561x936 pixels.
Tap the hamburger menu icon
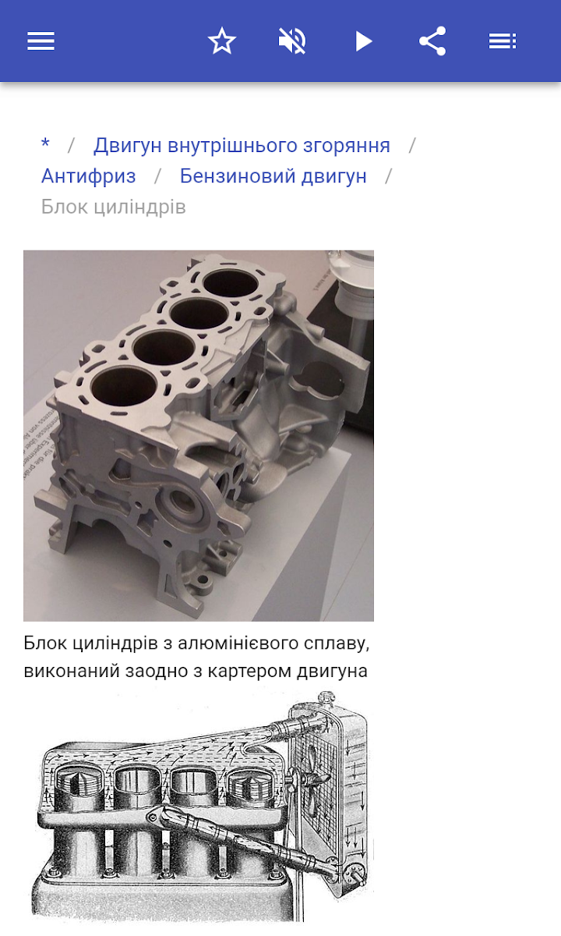tap(41, 41)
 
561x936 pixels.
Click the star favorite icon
tap(221, 41)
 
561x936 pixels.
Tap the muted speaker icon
tap(292, 41)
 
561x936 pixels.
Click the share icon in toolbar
tap(432, 41)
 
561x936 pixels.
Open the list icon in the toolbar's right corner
tap(503, 41)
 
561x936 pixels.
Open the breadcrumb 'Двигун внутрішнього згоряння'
tap(242, 145)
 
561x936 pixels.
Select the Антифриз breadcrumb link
tap(89, 176)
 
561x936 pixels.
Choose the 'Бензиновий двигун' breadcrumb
tap(273, 176)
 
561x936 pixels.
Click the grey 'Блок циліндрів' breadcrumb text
tap(113, 207)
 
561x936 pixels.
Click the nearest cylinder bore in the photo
tap(124, 388)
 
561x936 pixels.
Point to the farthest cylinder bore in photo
tap(231, 282)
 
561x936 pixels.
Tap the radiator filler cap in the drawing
tap(326, 698)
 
